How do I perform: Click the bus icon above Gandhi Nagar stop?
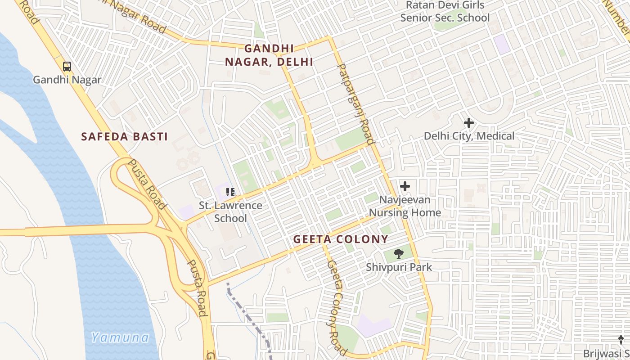(x=67, y=67)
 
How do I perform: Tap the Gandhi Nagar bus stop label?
(x=67, y=80)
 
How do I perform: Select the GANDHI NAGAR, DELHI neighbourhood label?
(x=269, y=55)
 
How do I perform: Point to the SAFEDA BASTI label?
(x=125, y=137)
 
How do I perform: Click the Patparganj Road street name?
(x=355, y=104)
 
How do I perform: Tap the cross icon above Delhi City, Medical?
(x=469, y=122)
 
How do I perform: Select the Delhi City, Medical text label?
(x=469, y=136)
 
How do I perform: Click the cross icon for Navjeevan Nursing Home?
(x=405, y=186)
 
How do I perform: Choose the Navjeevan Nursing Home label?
(x=405, y=206)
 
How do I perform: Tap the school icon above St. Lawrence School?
(x=230, y=193)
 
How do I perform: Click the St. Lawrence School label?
(x=230, y=211)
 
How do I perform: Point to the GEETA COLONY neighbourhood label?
(x=341, y=239)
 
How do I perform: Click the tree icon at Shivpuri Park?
(x=399, y=254)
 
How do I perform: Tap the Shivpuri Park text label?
(x=399, y=267)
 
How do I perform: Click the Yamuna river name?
(x=120, y=337)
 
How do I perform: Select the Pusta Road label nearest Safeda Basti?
(x=147, y=184)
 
